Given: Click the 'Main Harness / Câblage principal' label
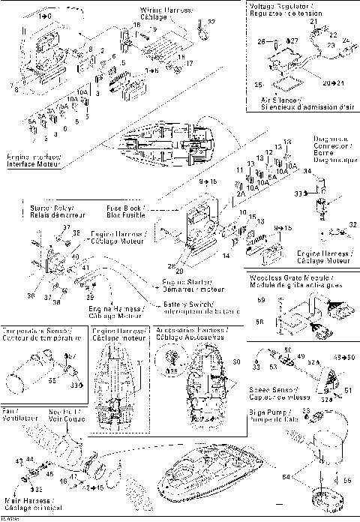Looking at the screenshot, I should pos(29,503).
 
